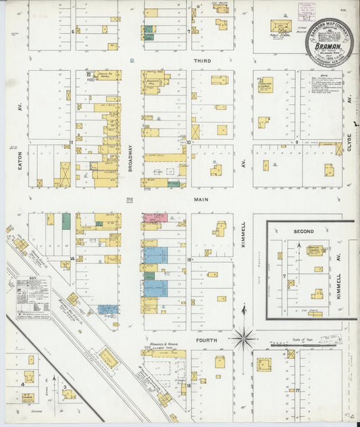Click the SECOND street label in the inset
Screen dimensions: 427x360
(x=304, y=232)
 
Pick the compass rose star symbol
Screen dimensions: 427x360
(x=243, y=336)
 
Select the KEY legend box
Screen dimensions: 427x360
(x=33, y=298)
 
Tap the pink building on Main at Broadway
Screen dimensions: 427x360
(x=155, y=218)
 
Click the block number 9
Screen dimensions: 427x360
(x=296, y=143)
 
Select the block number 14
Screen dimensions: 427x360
(x=72, y=258)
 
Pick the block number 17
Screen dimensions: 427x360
(x=296, y=391)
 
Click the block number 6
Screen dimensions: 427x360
(x=72, y=31)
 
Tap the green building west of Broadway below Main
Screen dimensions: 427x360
(x=66, y=221)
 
